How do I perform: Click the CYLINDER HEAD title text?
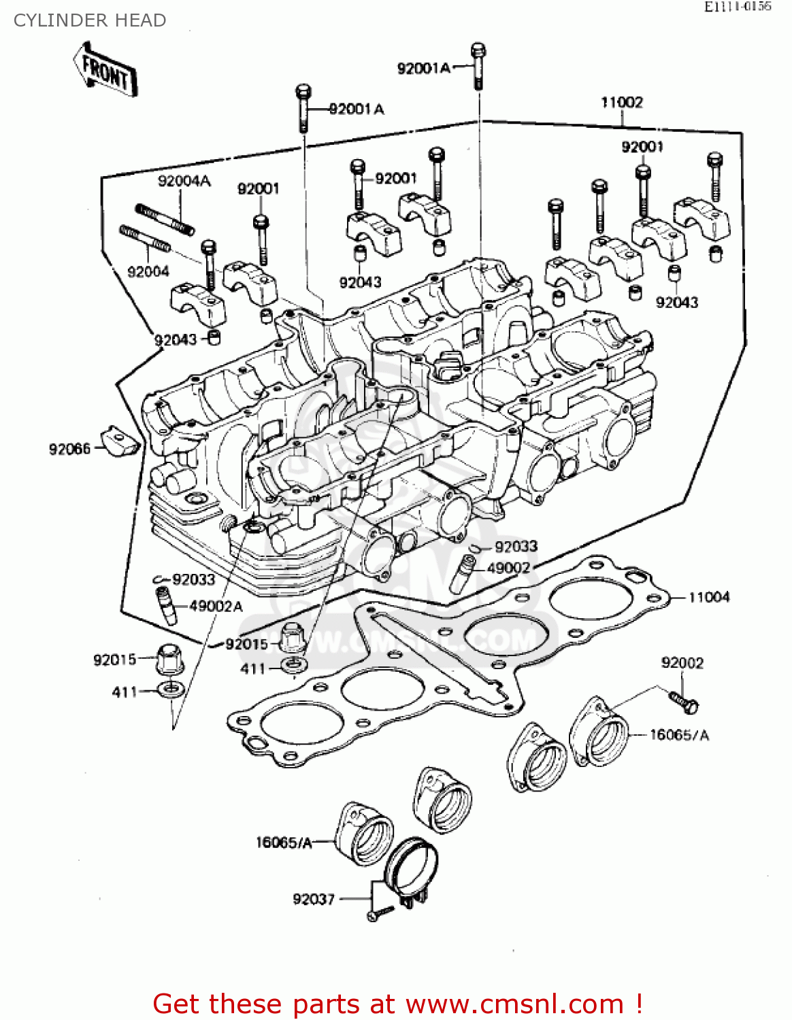pyautogui.click(x=90, y=20)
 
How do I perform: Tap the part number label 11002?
pyautogui.click(x=621, y=102)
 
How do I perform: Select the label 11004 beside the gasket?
pyautogui.click(x=708, y=597)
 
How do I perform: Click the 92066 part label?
pyautogui.click(x=69, y=449)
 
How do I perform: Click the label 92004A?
pyautogui.click(x=184, y=181)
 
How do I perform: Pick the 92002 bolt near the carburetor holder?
pyautogui.click(x=683, y=702)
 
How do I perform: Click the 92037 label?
pyautogui.click(x=314, y=899)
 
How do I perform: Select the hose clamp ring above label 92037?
pyautogui.click(x=410, y=867)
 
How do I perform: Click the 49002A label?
pyautogui.click(x=216, y=606)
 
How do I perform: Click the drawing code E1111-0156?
pyautogui.click(x=737, y=7)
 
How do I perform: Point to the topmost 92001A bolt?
pyautogui.click(x=478, y=67)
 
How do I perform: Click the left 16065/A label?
pyautogui.click(x=283, y=843)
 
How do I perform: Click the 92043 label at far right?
pyautogui.click(x=676, y=303)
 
